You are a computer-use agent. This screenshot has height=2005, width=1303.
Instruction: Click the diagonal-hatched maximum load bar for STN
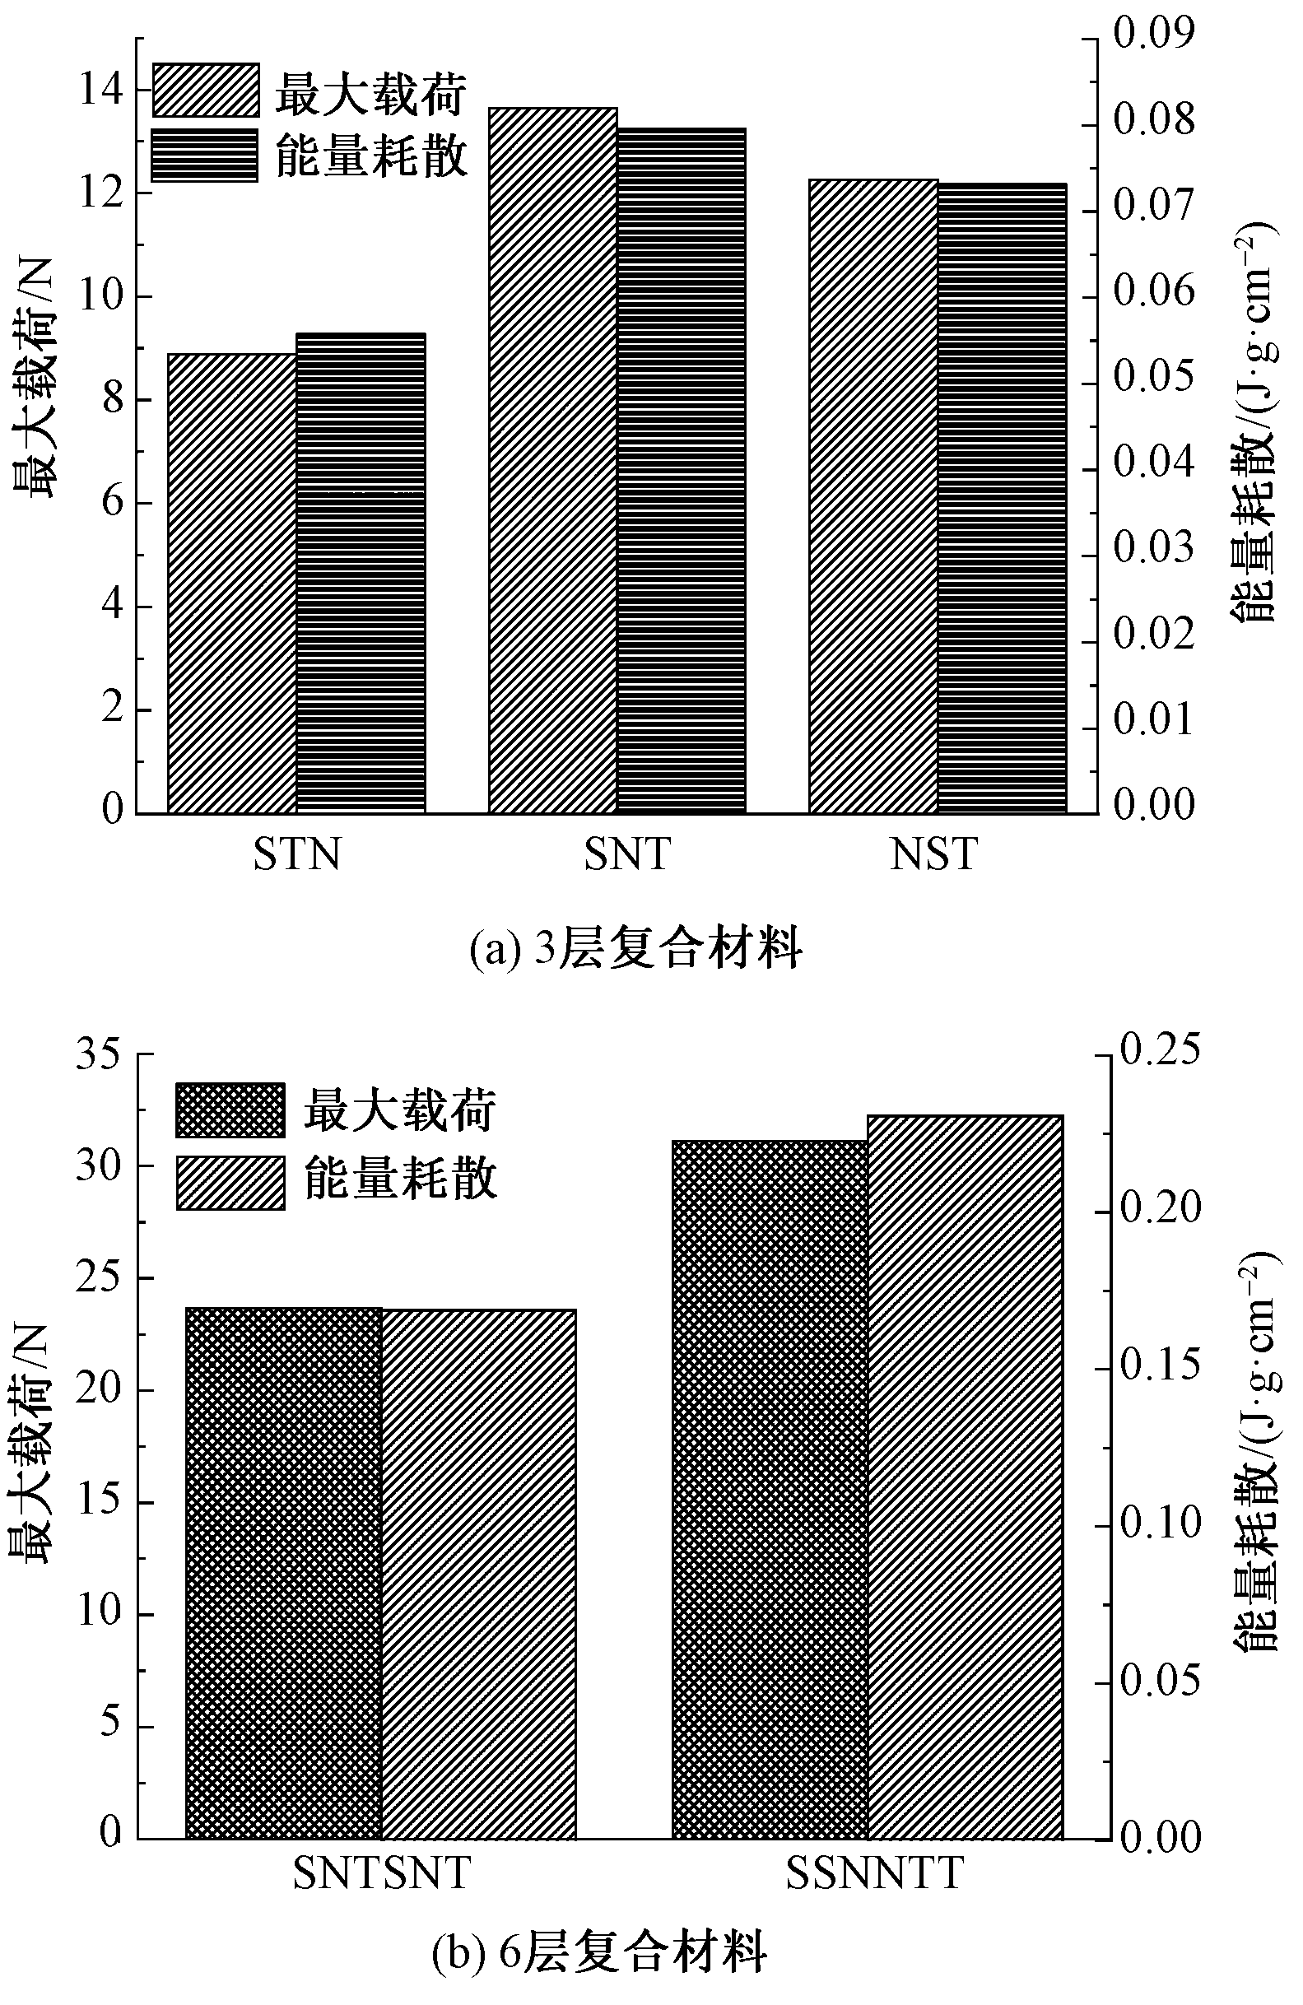tap(231, 583)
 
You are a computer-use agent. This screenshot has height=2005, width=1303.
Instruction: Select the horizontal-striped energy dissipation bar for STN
tap(361, 573)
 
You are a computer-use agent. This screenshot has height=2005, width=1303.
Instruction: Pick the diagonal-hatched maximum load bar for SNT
tap(552, 460)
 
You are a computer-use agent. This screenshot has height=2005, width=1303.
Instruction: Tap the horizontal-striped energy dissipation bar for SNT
tap(682, 470)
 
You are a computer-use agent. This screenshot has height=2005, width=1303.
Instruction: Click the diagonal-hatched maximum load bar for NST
tap(873, 496)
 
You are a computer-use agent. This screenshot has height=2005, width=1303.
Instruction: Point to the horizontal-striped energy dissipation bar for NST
tap(1003, 498)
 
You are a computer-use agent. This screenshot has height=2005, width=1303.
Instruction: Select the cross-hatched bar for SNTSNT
tap(283, 1574)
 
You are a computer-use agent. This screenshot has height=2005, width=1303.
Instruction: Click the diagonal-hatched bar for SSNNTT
tap(966, 1477)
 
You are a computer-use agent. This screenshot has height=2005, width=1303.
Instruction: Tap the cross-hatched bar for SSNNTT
tap(770, 1490)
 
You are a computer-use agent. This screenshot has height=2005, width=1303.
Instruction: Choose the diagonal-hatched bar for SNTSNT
tap(478, 1575)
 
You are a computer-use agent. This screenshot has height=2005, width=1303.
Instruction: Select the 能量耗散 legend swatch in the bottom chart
tap(230, 1183)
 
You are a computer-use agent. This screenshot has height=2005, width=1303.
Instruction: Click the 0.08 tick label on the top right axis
tap(1153, 119)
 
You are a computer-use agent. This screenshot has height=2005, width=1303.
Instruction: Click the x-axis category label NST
tap(933, 855)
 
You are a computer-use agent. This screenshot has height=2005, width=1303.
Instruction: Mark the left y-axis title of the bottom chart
tap(32, 1442)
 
